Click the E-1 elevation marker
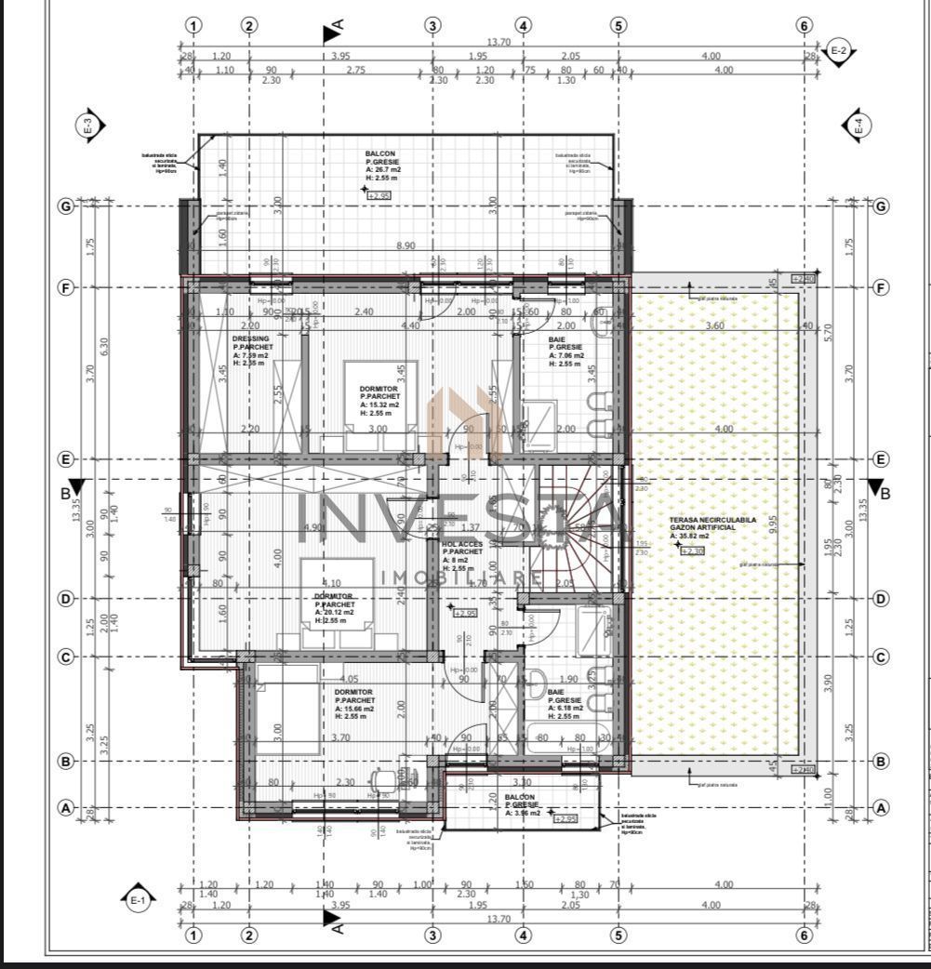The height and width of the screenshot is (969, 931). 137,898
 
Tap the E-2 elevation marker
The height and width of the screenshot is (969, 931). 838,50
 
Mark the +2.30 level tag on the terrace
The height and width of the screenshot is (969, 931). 693,551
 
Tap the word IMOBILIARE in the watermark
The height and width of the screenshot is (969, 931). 461,577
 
